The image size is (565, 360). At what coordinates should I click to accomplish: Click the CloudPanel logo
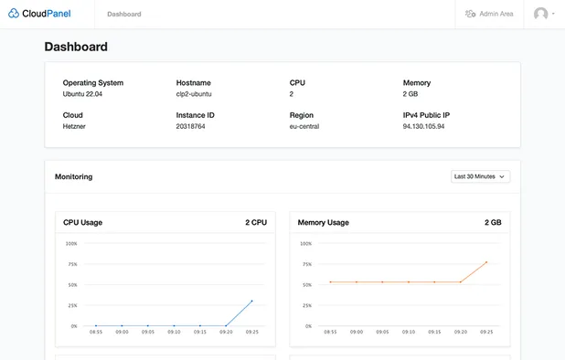click(x=38, y=14)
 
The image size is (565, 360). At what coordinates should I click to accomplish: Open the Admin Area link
click(x=489, y=14)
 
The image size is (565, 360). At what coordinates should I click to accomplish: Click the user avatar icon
click(x=541, y=14)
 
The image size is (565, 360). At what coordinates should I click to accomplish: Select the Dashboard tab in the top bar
click(x=123, y=14)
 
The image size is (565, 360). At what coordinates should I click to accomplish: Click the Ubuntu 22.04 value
click(x=83, y=93)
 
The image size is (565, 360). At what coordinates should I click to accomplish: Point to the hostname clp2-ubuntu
click(x=195, y=93)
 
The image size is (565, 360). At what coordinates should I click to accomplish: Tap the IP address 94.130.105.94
click(x=423, y=126)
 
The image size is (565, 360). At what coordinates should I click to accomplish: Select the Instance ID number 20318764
click(x=191, y=126)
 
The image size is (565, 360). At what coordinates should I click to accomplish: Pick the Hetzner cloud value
click(x=75, y=126)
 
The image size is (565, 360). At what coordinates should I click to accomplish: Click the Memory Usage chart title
click(x=323, y=222)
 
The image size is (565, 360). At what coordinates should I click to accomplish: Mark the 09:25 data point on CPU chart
click(x=252, y=301)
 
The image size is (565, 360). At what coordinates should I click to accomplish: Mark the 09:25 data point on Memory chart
click(x=486, y=262)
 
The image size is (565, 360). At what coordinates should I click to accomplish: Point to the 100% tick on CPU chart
click(x=71, y=244)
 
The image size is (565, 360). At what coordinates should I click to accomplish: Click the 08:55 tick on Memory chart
click(x=330, y=333)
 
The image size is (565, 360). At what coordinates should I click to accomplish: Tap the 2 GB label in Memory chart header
click(x=493, y=222)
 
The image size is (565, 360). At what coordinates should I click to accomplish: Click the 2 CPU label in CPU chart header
click(x=255, y=222)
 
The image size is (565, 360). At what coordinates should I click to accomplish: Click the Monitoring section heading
click(x=73, y=176)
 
